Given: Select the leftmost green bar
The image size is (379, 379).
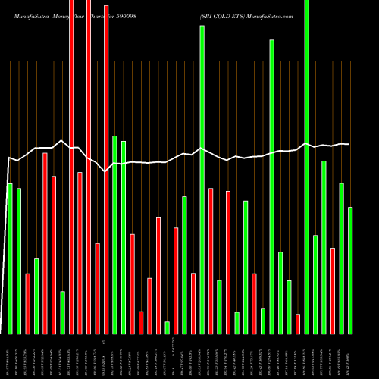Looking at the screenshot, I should coord(10,258).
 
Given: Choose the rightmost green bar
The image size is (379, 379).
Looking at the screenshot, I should coord(350,270).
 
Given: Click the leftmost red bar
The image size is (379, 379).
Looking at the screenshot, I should coord(27,303).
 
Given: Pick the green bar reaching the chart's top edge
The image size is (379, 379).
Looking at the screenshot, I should coord(306,167).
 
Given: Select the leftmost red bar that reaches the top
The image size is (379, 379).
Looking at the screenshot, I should coord(71,167).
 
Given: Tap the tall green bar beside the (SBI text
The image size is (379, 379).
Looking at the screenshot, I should coord(202,180).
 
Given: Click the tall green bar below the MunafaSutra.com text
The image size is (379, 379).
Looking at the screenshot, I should coord(271,186).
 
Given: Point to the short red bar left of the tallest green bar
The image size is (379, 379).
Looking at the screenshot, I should coord(298,324).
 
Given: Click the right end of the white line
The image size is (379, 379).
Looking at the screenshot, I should coord(349,144).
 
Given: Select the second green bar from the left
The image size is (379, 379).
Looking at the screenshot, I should coord(19,261).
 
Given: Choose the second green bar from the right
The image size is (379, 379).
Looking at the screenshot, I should coord(341,258).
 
